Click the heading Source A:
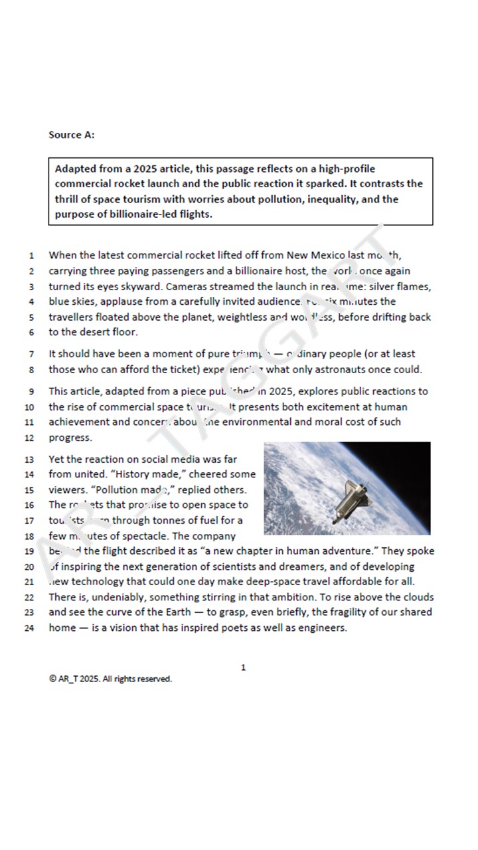(x=72, y=135)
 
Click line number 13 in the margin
(x=29, y=460)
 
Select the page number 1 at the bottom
(x=243, y=667)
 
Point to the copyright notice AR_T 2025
(x=110, y=679)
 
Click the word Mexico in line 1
(x=327, y=255)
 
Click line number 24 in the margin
(x=29, y=628)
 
